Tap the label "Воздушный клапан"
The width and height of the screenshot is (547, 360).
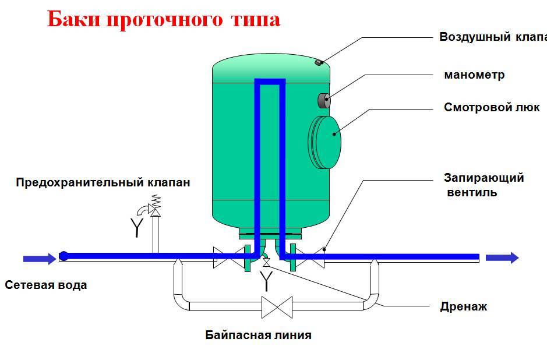point(493,37)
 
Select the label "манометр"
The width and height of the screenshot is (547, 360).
point(474,75)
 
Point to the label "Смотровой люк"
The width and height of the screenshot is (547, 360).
point(492,107)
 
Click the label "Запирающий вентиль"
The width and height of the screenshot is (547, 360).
point(484,185)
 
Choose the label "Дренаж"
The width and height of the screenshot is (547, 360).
point(464,306)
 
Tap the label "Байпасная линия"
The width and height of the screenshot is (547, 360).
point(259,335)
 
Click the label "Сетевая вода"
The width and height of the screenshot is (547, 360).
point(46,285)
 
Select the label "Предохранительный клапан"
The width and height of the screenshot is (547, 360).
point(103,182)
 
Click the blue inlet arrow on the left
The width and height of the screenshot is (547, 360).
point(40,259)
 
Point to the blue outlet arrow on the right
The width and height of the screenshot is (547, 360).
point(502,258)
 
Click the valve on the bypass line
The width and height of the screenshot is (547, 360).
point(277,307)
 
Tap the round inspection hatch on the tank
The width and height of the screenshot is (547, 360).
point(325,142)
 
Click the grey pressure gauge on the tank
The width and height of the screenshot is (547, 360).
point(324,100)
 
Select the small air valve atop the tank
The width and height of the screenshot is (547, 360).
point(319,62)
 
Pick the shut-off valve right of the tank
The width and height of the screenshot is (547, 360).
point(310,258)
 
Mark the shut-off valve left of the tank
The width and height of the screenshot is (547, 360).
point(228,257)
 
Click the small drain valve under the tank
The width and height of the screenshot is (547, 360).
point(266,262)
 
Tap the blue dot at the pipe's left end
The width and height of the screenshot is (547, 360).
point(64,256)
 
